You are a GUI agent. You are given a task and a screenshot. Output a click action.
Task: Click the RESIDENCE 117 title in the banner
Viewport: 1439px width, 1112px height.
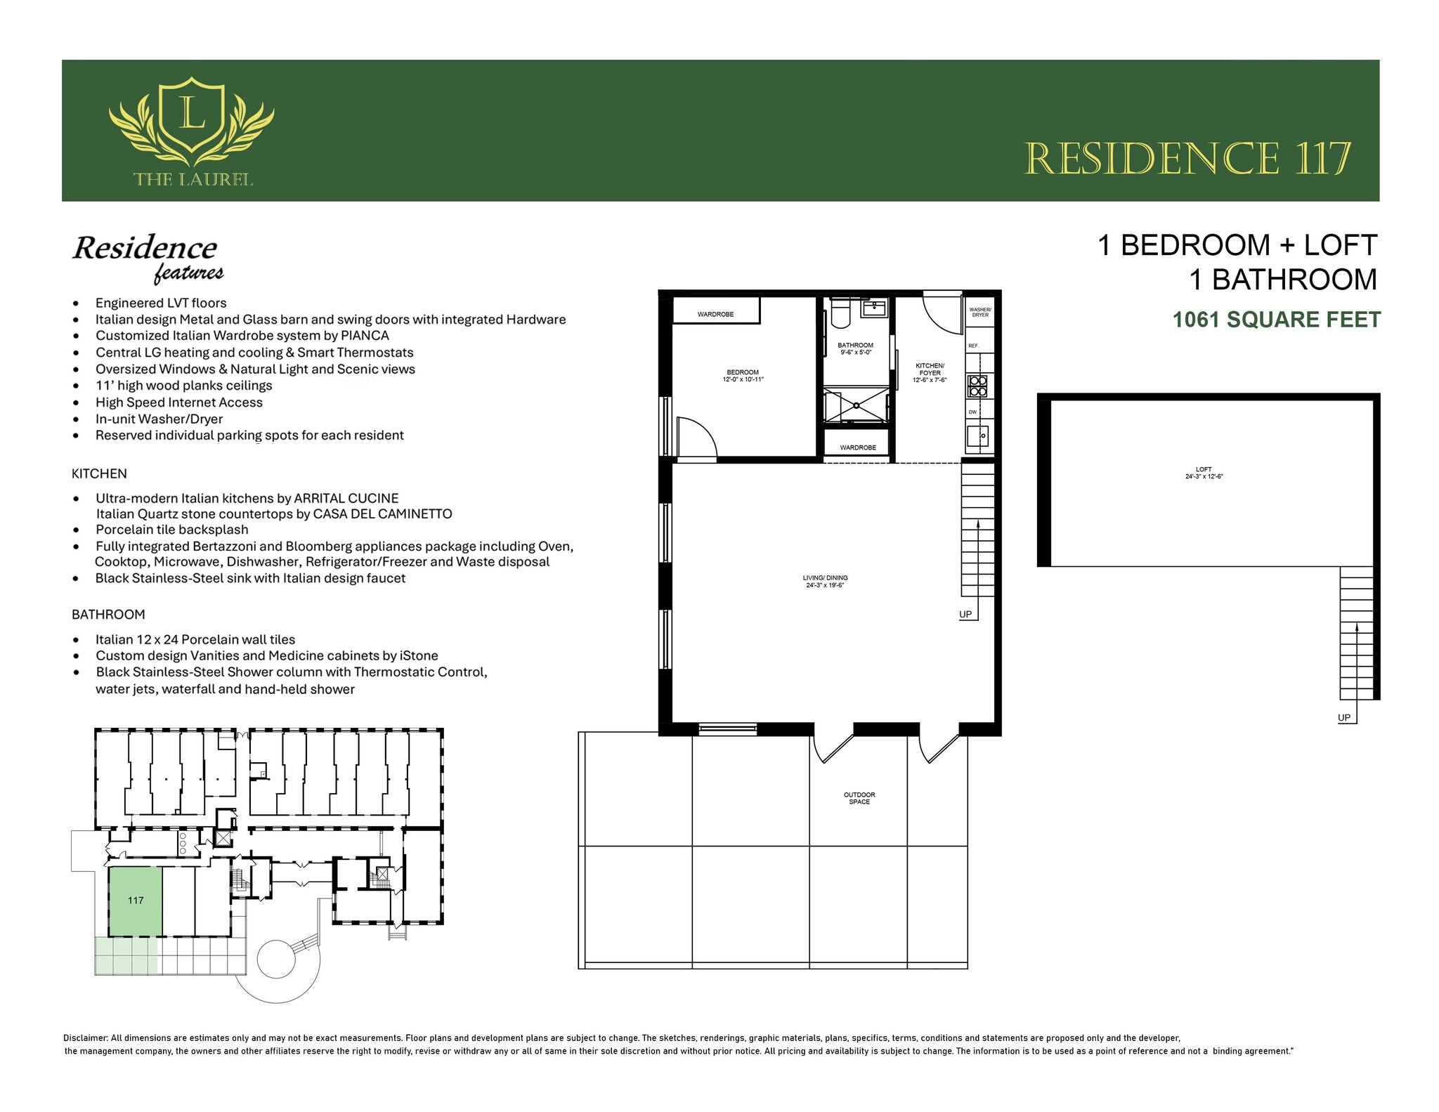pos(1187,159)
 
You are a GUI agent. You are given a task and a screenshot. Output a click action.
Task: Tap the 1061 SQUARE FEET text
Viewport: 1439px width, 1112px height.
pos(1276,320)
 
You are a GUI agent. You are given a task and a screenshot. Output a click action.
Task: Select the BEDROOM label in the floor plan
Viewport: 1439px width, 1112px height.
pos(743,375)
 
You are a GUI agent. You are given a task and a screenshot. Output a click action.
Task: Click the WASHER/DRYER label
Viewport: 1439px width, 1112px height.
pos(980,312)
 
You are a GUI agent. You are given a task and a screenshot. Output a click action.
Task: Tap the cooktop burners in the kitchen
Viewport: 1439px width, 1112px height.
pos(978,386)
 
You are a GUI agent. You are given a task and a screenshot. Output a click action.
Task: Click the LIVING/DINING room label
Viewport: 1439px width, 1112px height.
pos(825,581)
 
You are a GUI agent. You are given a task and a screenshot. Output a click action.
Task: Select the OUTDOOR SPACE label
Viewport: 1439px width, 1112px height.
pos(859,798)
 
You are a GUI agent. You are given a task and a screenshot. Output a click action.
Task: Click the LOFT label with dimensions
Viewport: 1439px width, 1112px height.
pos(1204,473)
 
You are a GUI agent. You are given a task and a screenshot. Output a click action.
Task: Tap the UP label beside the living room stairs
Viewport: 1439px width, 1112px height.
pos(965,614)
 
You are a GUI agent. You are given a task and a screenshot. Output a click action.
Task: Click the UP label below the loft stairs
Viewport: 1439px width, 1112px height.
pos(1344,717)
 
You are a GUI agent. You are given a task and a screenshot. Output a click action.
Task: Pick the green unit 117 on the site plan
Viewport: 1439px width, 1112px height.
pos(136,901)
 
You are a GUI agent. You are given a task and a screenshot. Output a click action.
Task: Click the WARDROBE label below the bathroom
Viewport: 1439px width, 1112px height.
pos(858,447)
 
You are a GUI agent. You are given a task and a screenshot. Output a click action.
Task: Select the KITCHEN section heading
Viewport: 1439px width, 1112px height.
pos(99,473)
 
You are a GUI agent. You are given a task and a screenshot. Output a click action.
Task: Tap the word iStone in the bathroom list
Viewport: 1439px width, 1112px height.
pos(419,655)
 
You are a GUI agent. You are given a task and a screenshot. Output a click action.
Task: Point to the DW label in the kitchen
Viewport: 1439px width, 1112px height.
pos(972,412)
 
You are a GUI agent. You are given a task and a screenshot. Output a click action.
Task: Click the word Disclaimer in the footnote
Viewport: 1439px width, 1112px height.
pos(86,1038)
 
